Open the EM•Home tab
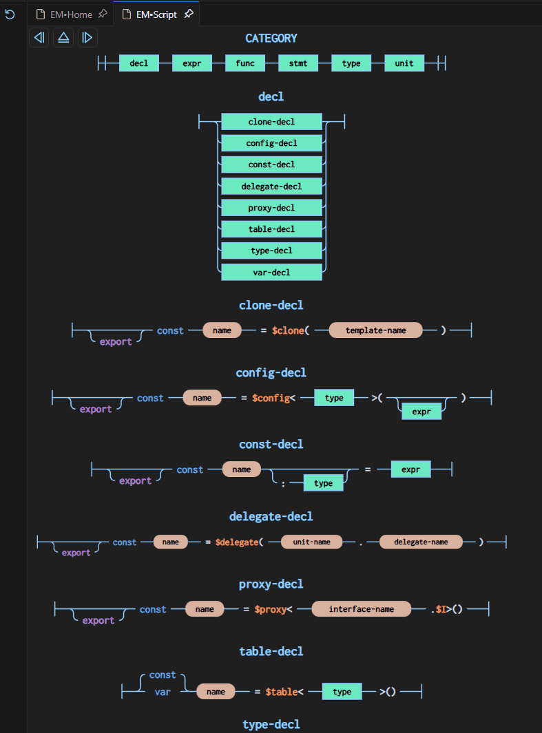coord(71,14)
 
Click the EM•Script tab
coord(156,14)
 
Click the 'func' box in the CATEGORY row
coord(245,63)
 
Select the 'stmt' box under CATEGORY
coord(298,63)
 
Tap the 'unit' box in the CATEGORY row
coord(404,63)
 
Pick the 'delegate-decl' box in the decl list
coord(271,187)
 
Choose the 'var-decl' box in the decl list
coord(271,273)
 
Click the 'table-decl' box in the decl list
coord(271,229)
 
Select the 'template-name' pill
coord(375,330)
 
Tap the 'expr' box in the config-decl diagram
coord(421,412)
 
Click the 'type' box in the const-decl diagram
coord(323,483)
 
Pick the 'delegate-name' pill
coord(421,542)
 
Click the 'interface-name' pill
coord(362,609)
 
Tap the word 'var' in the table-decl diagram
coord(163,692)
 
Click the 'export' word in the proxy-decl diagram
coord(98,621)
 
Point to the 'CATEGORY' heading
coord(271,39)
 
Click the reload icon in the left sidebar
coord(10,14)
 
